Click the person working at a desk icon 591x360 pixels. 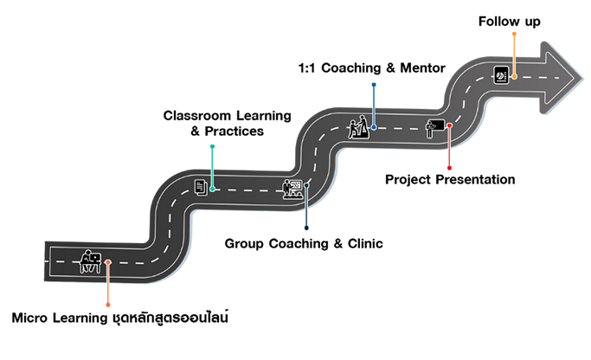tap(90, 260)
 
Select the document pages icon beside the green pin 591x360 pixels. tap(201, 186)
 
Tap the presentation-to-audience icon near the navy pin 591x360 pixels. tap(292, 190)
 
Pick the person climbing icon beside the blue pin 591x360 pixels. tap(355, 126)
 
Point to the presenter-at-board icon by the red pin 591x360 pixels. tap(434, 128)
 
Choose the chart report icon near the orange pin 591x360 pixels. tap(501, 74)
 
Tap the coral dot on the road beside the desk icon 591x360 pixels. tap(108, 261)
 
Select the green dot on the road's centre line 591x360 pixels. tap(213, 188)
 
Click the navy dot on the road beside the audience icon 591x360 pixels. tap(306, 183)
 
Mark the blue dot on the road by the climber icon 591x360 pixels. tap(374, 127)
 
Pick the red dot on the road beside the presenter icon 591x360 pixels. tap(449, 126)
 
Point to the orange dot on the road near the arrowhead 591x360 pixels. tap(514, 76)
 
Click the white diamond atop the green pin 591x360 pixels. tap(212, 149)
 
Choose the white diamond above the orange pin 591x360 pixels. tap(514, 37)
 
